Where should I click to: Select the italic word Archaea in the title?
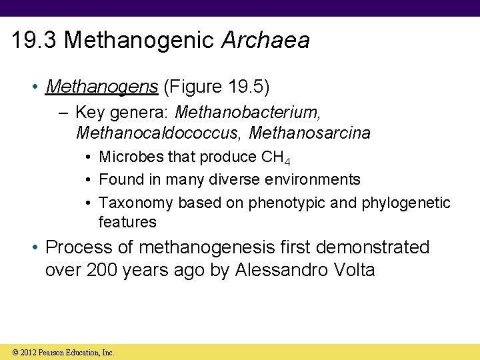265,41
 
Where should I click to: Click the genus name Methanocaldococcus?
157,133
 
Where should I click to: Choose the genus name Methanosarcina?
309,133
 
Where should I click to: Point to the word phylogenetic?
406,203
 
